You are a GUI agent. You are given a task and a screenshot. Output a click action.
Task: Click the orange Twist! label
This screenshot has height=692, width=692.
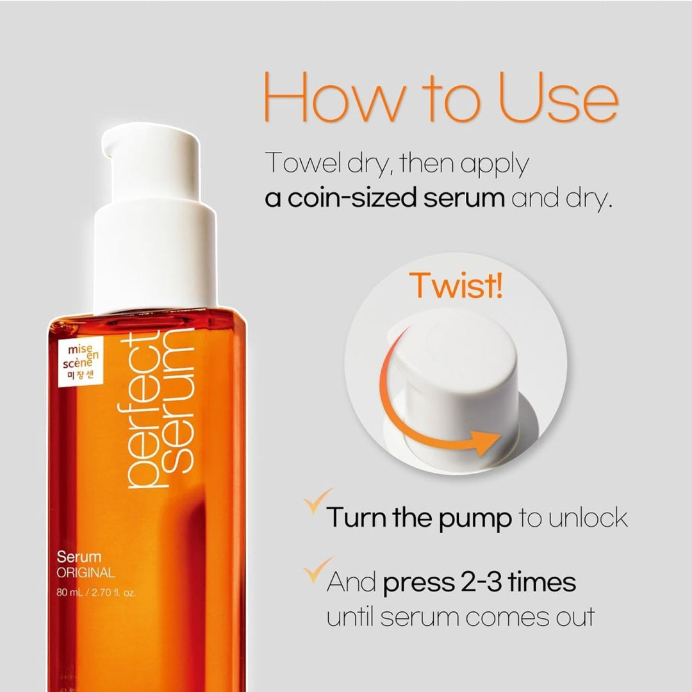(x=456, y=284)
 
